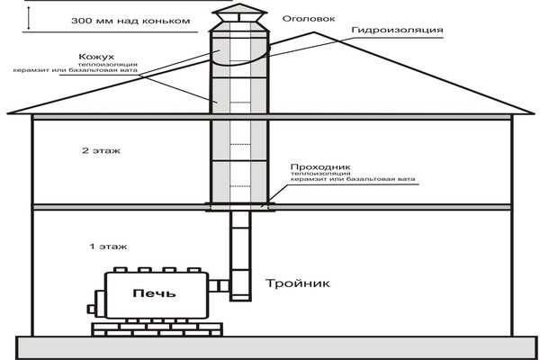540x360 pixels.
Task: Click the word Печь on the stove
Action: (154, 293)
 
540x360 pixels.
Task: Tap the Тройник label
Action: (298, 283)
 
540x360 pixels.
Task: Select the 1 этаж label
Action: (108, 247)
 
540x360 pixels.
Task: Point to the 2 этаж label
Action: (101, 150)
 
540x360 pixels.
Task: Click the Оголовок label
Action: (309, 19)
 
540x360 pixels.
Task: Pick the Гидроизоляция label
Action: (398, 31)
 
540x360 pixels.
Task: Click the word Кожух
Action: (96, 57)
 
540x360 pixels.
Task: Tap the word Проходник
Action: (320, 167)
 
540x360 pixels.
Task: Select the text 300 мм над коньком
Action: (130, 21)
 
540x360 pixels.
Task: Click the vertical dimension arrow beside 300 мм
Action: (29, 18)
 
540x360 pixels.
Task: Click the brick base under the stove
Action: (157, 329)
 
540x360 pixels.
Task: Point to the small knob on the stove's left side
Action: (91, 309)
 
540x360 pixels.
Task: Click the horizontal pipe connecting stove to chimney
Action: (219, 285)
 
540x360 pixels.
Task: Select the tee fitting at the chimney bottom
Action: (240, 285)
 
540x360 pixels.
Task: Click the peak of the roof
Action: (314, 32)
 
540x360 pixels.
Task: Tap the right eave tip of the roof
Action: (533, 113)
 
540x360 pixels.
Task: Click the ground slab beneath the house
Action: (277, 347)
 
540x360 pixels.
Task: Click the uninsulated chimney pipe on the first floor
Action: (240, 240)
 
